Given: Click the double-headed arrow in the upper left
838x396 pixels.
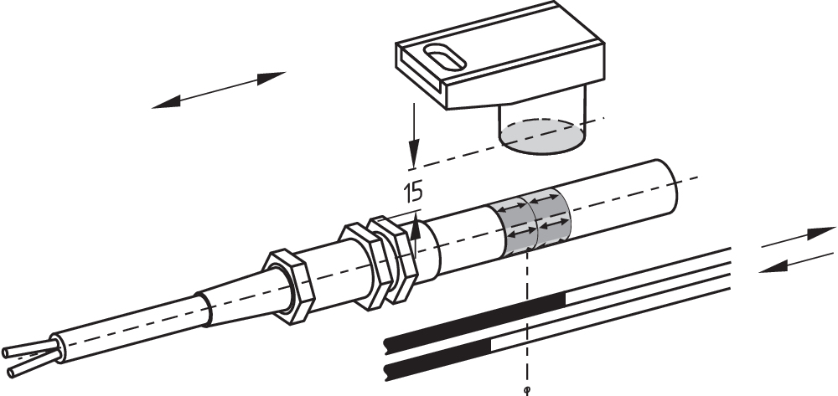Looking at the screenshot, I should tap(219, 90).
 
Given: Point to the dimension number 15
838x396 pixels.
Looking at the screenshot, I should tap(412, 193).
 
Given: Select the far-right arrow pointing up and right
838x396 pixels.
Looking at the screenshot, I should tap(796, 237).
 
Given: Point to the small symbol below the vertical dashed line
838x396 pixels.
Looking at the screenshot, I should tap(526, 388).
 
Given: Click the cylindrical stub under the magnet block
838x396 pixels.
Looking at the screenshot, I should tap(543, 121).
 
